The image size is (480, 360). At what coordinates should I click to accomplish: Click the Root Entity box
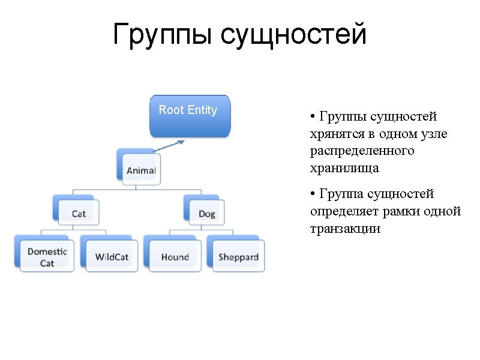(190, 116)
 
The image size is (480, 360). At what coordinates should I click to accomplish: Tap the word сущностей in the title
(293, 35)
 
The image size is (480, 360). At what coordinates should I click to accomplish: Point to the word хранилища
(344, 169)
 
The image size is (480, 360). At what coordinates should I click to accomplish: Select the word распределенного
(362, 151)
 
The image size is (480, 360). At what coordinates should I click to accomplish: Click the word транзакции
(345, 229)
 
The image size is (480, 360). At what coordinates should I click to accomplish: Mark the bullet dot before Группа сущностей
(313, 194)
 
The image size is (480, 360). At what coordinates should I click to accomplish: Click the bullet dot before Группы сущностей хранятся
(313, 116)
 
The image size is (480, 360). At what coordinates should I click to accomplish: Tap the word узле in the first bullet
(433, 133)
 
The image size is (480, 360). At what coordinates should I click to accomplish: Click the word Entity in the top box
(202, 110)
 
